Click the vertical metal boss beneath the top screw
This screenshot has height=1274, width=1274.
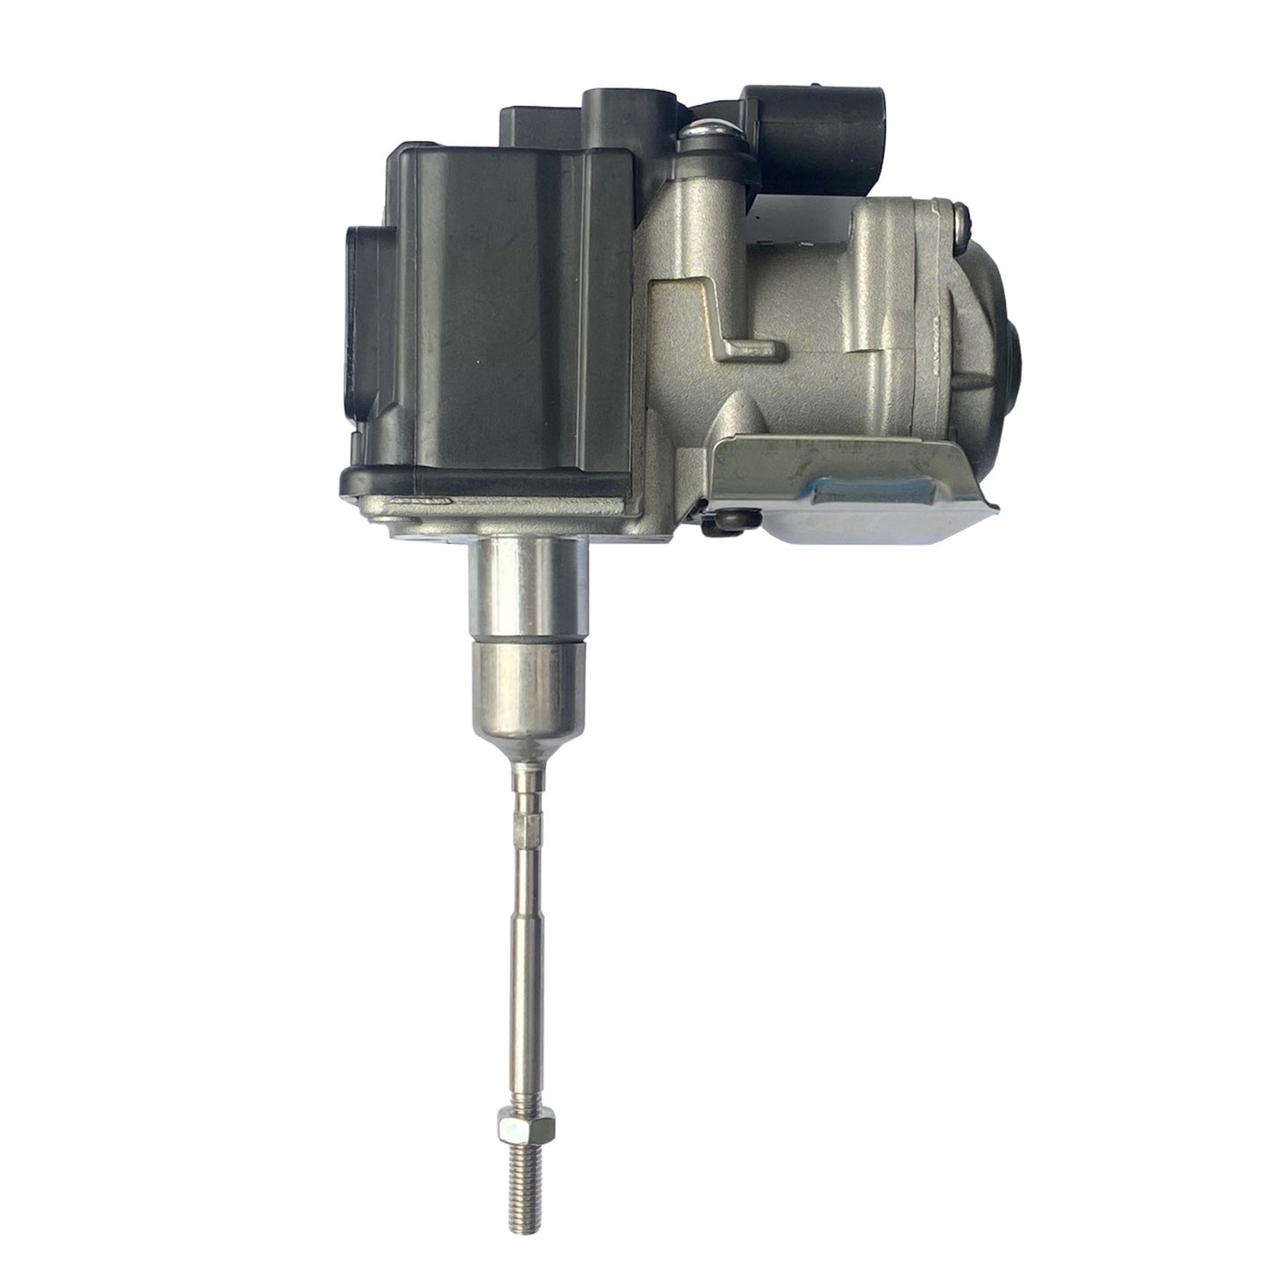pos(705,203)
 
